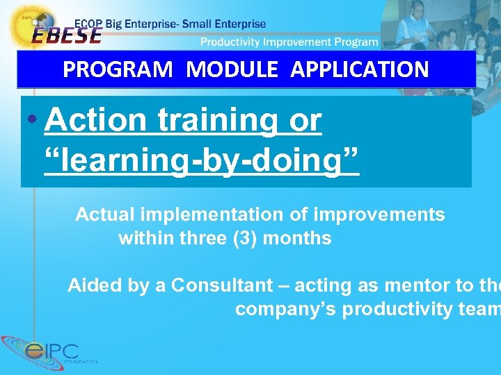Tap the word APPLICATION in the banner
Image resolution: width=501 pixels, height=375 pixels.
click(x=360, y=69)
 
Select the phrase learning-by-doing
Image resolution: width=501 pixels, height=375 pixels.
click(x=202, y=160)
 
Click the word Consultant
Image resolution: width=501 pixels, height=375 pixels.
click(x=222, y=285)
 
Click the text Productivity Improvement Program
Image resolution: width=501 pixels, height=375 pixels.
click(x=289, y=42)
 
